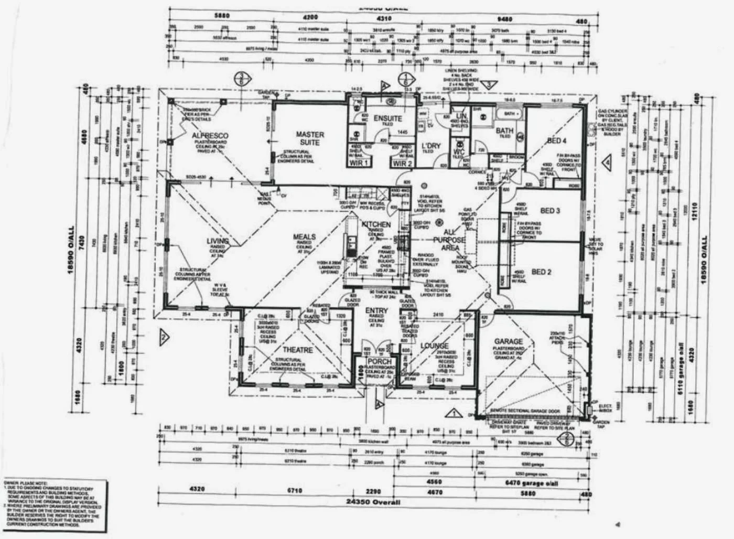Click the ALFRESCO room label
coord(210,136)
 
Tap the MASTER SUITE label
coord(310,138)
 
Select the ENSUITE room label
coord(388,118)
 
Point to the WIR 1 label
coord(360,163)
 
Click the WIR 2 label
coord(403,163)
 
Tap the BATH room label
coord(505,130)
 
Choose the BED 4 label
coord(557,141)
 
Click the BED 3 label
coord(550,211)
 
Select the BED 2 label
coord(542,272)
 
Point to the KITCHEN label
coord(376,224)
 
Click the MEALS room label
coord(304,236)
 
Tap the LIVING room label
coord(218,241)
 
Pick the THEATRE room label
coord(298,350)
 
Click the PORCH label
coord(379,362)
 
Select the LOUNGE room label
coord(434,346)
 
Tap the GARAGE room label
coord(509,341)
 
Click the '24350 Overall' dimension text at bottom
coord(373,502)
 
